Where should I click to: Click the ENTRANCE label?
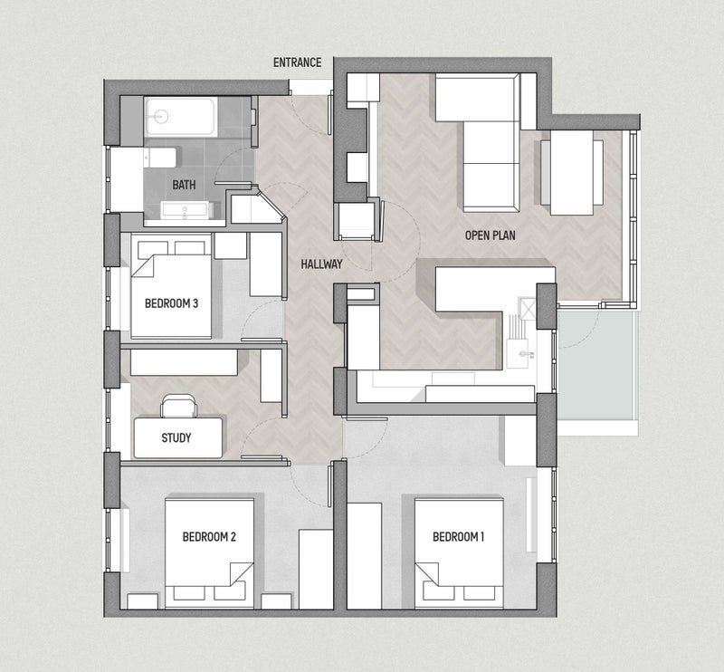pyautogui.click(x=297, y=62)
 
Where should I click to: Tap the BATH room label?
pyautogui.click(x=184, y=185)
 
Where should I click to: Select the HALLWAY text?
pyautogui.click(x=321, y=264)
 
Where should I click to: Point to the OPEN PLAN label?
pyautogui.click(x=490, y=235)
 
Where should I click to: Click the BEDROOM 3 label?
pyautogui.click(x=171, y=303)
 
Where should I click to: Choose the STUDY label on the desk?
pyautogui.click(x=176, y=437)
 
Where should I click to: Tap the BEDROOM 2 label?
pyautogui.click(x=209, y=536)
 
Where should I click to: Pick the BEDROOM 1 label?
pyautogui.click(x=458, y=536)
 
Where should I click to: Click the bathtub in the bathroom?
pyautogui.click(x=180, y=117)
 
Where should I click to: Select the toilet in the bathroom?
pyautogui.click(x=160, y=158)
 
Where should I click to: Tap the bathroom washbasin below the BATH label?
pyautogui.click(x=186, y=210)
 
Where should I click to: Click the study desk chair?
pyautogui.click(x=178, y=406)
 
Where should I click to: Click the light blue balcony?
pyautogui.click(x=598, y=365)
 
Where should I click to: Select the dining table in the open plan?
pyautogui.click(x=572, y=172)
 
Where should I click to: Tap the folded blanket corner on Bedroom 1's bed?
pyautogui.click(x=427, y=574)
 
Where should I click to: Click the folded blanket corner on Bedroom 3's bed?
pyautogui.click(x=142, y=265)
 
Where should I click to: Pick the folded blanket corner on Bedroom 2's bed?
pyautogui.click(x=241, y=574)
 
